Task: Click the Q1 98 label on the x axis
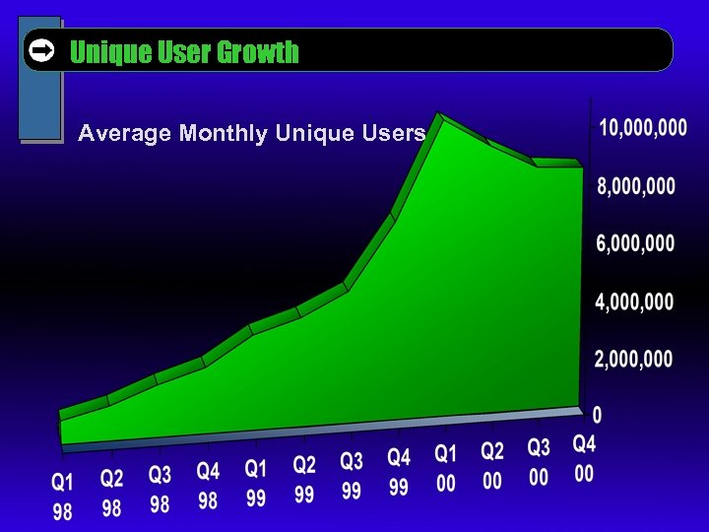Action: [x=62, y=498]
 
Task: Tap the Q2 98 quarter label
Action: [x=112, y=494]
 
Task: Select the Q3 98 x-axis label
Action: [x=160, y=490]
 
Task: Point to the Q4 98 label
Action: [x=208, y=486]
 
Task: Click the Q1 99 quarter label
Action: [x=256, y=483]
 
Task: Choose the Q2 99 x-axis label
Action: [x=304, y=479]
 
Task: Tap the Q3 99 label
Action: [x=352, y=475]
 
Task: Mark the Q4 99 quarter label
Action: [x=399, y=471]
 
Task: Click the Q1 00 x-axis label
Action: [x=446, y=468]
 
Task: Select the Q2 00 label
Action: [x=492, y=465]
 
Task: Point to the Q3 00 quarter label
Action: [x=539, y=461]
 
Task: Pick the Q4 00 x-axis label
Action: [x=585, y=458]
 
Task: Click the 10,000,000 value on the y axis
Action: [x=642, y=128]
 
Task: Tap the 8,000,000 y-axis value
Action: [x=636, y=185]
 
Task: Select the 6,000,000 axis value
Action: [x=635, y=243]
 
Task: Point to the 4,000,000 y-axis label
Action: [x=634, y=301]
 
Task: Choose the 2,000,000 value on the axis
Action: [x=633, y=360]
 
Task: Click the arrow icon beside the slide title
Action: [x=41, y=50]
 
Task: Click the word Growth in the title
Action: [x=258, y=52]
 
